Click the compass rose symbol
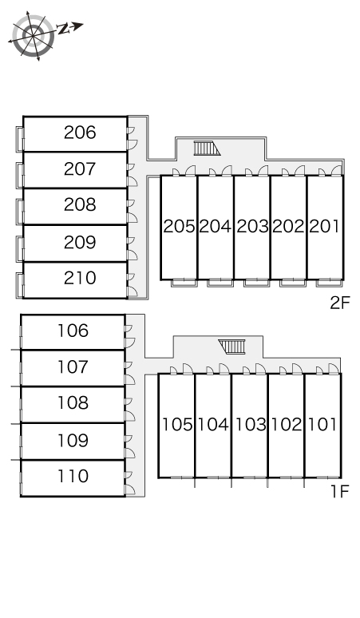click(33, 36)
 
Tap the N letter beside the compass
click(63, 30)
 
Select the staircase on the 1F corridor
click(232, 347)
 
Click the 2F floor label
click(340, 303)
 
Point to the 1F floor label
click(340, 491)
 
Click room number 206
click(80, 133)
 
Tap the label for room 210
click(80, 278)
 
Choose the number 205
click(180, 226)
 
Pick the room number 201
click(324, 226)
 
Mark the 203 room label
click(252, 226)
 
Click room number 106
click(73, 331)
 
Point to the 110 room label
click(73, 476)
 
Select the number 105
click(178, 425)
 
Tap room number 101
click(322, 425)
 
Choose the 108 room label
click(73, 402)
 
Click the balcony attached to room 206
click(20, 139)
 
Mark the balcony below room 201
click(330, 283)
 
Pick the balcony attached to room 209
click(20, 248)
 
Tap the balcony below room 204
click(220, 283)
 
